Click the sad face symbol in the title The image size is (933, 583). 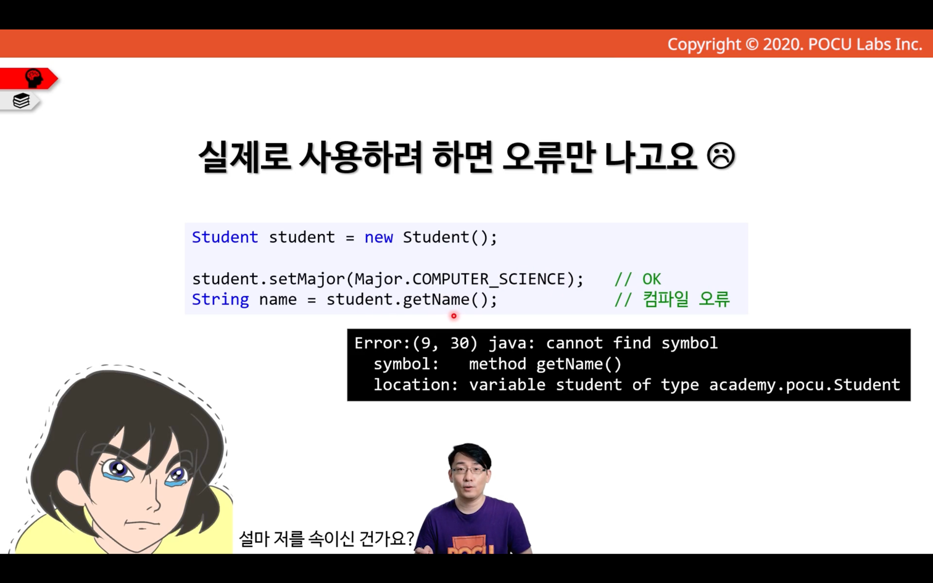click(721, 155)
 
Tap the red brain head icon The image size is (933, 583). click(34, 78)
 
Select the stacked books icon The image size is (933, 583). click(21, 101)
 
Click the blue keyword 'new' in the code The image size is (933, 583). click(379, 238)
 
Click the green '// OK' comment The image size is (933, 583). click(637, 279)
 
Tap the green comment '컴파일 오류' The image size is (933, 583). click(686, 299)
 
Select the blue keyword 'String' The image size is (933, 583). click(220, 299)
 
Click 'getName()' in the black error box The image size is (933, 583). click(579, 364)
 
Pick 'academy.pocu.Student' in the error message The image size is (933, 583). click(804, 385)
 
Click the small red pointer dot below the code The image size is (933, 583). click(454, 316)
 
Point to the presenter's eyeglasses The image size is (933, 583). click(470, 471)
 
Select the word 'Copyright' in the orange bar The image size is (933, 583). click(704, 44)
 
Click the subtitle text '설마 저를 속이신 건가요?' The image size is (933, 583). click(326, 539)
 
